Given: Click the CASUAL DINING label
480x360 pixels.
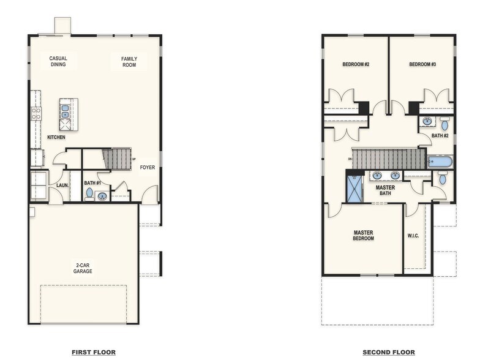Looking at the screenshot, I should point(58,61).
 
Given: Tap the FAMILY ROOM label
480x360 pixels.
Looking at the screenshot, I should point(129,61).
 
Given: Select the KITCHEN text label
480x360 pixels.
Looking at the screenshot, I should point(56,137).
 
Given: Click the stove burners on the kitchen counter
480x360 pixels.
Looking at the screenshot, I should point(36,113).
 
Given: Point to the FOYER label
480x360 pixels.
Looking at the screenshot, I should point(147,167).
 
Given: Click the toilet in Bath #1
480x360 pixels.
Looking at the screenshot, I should point(89,193).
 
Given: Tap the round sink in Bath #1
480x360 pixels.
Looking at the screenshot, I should point(102,197).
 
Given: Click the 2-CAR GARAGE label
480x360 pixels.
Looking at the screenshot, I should point(83,268).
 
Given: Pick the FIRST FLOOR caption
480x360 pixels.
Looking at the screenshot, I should point(93,352).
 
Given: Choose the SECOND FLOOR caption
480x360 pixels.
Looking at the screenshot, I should point(388,352).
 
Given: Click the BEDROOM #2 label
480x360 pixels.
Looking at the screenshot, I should point(355,64).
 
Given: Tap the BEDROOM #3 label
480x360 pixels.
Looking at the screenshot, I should point(422,64).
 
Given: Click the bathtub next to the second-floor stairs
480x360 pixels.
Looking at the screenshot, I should point(440,162).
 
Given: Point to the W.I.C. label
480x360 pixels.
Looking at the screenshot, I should point(413,236).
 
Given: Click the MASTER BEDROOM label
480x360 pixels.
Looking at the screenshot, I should point(363,236).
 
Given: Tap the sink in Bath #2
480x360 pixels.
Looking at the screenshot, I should point(427,121).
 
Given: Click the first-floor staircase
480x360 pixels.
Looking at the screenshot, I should point(116,159).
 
